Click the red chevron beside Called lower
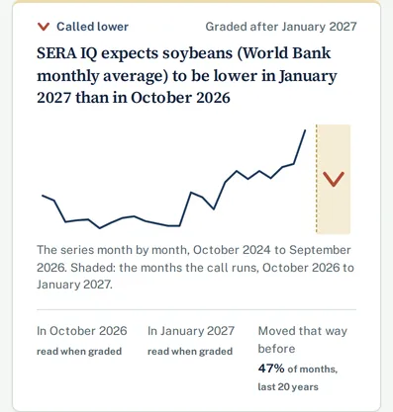click(44, 27)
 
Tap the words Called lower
click(92, 27)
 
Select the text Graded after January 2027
click(281, 27)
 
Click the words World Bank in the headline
click(284, 53)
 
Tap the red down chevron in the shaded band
click(334, 179)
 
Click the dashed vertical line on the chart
click(316, 179)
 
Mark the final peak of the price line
click(305, 130)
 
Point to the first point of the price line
click(43, 196)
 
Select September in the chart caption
click(320, 250)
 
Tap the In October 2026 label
click(82, 331)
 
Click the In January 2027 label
click(191, 331)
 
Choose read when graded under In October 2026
click(79, 352)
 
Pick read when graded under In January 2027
click(190, 352)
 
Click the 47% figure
click(271, 369)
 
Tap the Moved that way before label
click(302, 340)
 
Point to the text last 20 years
click(288, 386)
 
